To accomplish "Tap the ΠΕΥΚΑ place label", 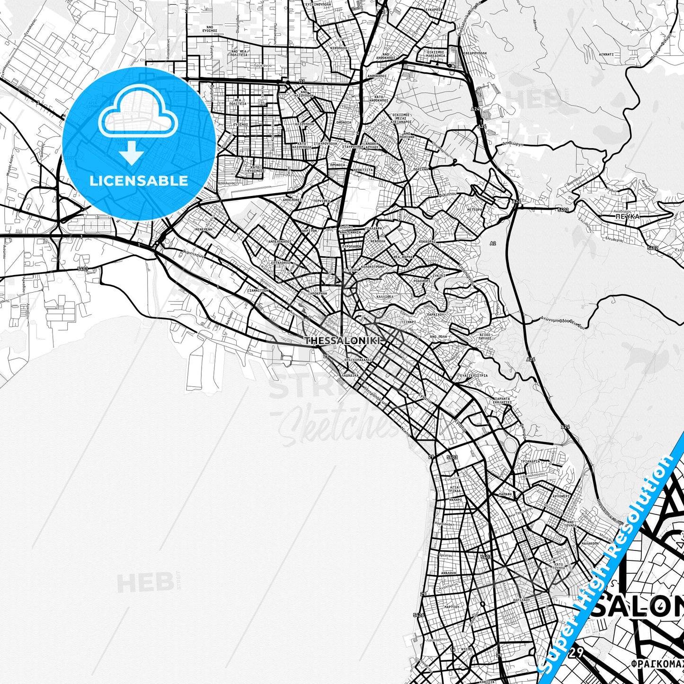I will pyautogui.click(x=628, y=216).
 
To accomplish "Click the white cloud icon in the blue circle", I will pyautogui.click(x=138, y=112).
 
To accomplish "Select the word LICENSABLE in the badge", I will pyautogui.click(x=138, y=180).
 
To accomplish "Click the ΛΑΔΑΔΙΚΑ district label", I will pyautogui.click(x=349, y=374).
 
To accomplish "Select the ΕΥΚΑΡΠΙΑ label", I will pyautogui.click(x=434, y=9).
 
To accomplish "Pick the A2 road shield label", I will pyautogui.click(x=493, y=243).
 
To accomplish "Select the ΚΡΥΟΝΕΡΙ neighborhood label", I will pyautogui.click(x=560, y=496).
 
